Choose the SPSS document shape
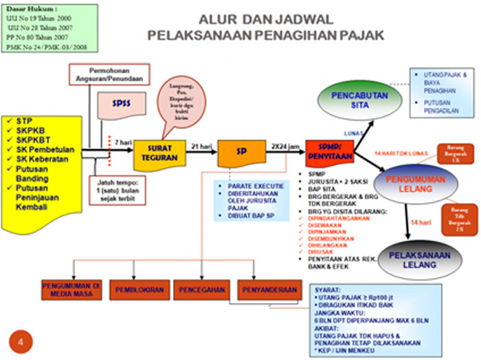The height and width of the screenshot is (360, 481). click(x=122, y=104)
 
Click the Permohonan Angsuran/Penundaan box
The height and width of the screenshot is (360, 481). click(x=111, y=74)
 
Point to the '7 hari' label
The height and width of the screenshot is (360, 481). click(x=124, y=142)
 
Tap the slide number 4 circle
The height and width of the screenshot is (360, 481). click(x=20, y=341)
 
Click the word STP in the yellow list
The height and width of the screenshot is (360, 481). click(x=26, y=121)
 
